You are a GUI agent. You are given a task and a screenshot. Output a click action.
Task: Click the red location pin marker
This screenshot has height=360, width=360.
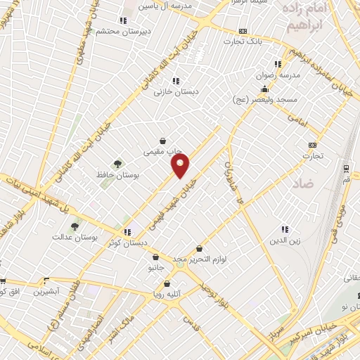[181, 166]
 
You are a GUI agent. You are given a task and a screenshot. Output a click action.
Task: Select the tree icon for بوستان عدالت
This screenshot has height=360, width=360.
[75, 226]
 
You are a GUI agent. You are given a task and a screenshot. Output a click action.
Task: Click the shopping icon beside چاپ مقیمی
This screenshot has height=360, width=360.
[163, 141]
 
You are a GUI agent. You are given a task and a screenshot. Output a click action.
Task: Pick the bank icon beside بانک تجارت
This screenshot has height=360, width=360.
[243, 31]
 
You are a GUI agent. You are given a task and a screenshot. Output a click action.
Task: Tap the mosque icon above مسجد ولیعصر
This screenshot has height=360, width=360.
[264, 89]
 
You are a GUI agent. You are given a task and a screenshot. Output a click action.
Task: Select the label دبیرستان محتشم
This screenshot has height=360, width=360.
[115, 31]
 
